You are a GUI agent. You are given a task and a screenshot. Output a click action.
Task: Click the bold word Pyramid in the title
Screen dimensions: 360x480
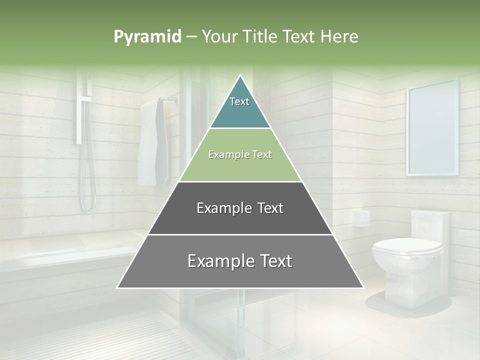point(147,37)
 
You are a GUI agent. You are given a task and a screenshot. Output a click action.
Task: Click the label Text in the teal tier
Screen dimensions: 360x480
point(239,101)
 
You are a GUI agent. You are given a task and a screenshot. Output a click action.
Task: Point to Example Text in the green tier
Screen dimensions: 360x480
point(240,154)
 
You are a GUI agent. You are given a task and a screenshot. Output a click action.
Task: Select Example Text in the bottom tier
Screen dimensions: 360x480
point(240,261)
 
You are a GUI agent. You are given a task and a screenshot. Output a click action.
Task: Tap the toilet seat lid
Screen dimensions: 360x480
point(407,245)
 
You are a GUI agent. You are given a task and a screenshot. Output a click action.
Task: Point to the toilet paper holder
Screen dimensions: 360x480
point(360,218)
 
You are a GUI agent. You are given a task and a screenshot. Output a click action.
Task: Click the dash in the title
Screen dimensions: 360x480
point(191,37)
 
